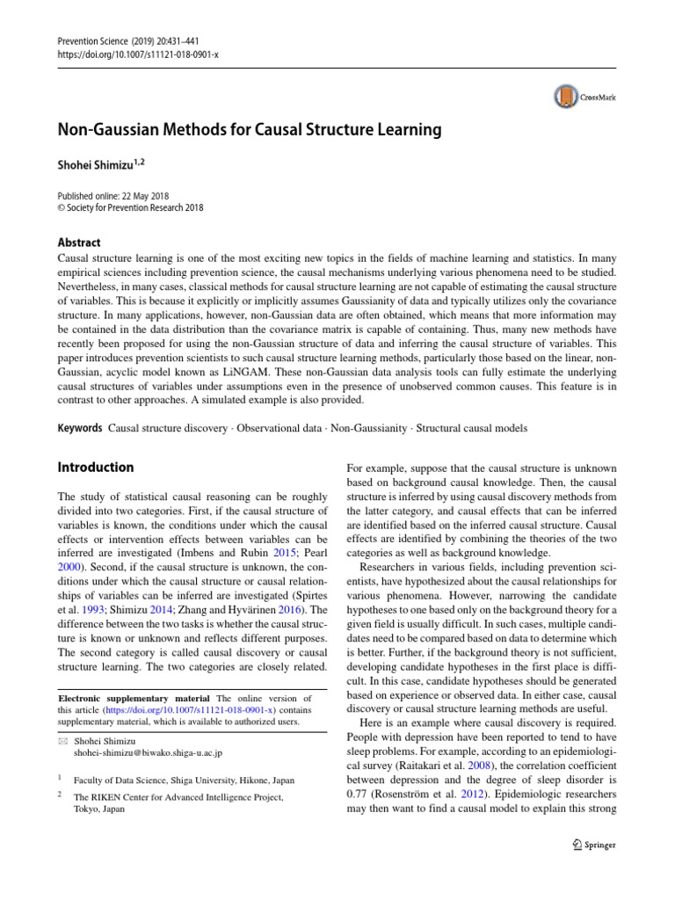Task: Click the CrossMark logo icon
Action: [565, 96]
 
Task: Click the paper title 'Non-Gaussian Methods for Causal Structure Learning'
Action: [249, 131]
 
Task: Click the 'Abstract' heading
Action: [79, 243]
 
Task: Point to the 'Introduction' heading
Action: [96, 468]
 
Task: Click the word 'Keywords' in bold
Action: [79, 428]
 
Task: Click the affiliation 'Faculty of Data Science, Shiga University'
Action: [171, 780]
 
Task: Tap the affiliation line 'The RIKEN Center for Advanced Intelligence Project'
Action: [178, 797]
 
